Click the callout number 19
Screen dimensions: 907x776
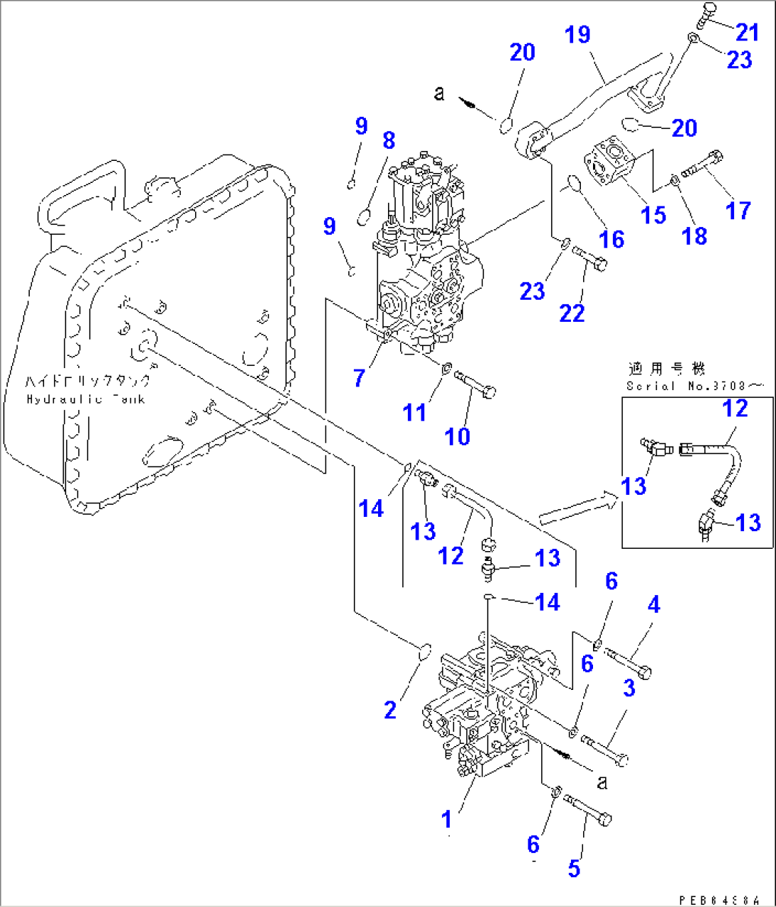pyautogui.click(x=577, y=34)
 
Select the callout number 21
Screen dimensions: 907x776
pyautogui.click(x=747, y=32)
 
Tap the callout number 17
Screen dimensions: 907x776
pyautogui.click(x=738, y=210)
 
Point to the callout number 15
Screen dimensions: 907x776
pyautogui.click(x=653, y=214)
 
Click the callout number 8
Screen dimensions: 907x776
pyautogui.click(x=389, y=140)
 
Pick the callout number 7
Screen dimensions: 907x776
pyautogui.click(x=360, y=378)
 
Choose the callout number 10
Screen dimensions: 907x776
pyautogui.click(x=457, y=436)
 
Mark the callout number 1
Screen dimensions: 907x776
pyautogui.click(x=446, y=819)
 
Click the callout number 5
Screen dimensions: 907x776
pyautogui.click(x=574, y=868)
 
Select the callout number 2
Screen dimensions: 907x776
pyautogui.click(x=390, y=710)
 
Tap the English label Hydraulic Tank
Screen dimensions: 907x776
pyautogui.click(x=85, y=399)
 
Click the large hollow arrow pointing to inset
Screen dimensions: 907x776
pyautogui.click(x=577, y=508)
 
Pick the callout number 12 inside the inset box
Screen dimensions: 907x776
pyautogui.click(x=735, y=409)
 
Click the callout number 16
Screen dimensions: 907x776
pyautogui.click(x=612, y=239)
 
